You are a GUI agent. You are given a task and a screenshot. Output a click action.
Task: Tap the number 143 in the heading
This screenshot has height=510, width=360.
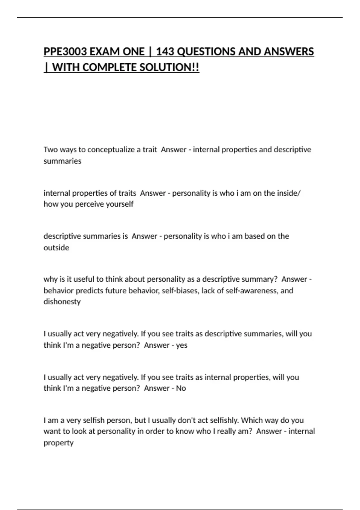165,52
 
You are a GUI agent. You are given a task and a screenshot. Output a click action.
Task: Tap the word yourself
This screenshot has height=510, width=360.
120,204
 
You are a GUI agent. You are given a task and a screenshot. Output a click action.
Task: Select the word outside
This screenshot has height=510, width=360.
56,247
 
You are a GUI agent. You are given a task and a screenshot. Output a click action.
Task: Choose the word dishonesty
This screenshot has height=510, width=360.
62,301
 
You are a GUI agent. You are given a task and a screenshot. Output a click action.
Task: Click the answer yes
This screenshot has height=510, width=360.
182,345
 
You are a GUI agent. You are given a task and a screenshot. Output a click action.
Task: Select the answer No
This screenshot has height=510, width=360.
181,388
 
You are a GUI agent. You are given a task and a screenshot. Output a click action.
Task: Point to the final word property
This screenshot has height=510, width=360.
58,442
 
